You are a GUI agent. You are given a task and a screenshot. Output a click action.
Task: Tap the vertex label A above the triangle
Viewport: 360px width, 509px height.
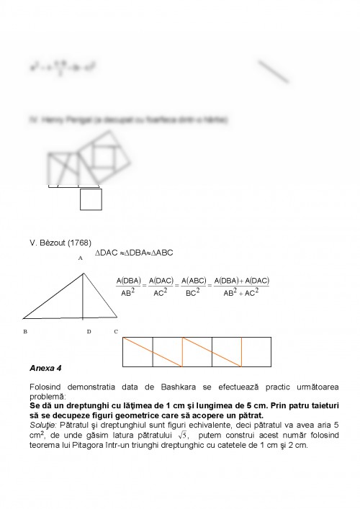click(80, 257)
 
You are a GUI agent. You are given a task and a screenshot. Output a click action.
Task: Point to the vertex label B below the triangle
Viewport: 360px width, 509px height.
click(25, 332)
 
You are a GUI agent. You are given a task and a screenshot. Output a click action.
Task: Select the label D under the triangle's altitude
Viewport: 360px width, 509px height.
click(89, 332)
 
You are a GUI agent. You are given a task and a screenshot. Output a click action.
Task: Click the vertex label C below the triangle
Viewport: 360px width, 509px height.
click(116, 332)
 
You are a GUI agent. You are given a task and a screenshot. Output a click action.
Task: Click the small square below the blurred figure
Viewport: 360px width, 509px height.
click(91, 199)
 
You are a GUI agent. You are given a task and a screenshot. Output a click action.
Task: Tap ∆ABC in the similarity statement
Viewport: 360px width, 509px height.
click(161, 253)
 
